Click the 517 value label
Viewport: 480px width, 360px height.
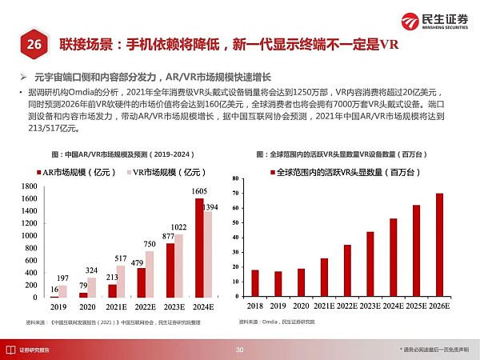coord(121,258)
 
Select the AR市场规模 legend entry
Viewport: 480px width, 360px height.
coord(78,170)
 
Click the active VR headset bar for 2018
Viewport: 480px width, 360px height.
coord(255,283)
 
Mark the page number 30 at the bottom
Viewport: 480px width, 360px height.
coord(239,350)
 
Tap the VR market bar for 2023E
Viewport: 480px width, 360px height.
coord(181,265)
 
